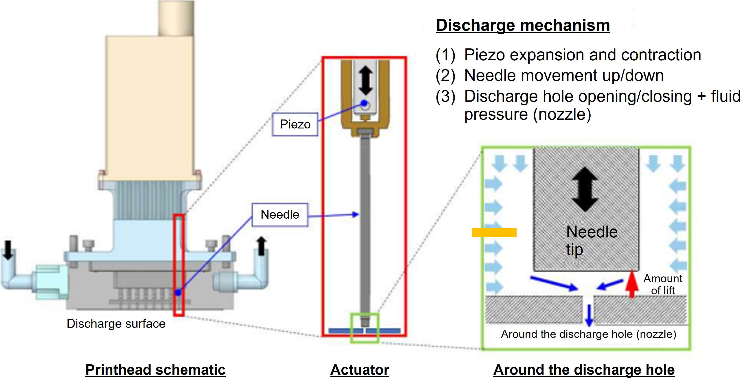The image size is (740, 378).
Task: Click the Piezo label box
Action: coord(295,124)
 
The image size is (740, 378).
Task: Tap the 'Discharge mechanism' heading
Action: coord(523,25)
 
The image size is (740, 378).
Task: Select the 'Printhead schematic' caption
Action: coord(155,370)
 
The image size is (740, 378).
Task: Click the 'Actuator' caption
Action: coord(360,370)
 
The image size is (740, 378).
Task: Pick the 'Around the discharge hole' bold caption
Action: coord(584,370)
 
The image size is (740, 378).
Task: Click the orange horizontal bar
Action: coord(494,232)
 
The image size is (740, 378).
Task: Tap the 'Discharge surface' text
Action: coord(116,324)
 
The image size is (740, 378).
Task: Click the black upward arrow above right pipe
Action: coord(261,246)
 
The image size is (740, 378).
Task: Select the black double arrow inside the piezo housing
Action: coord(366,81)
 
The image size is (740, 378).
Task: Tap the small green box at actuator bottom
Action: coord(365,328)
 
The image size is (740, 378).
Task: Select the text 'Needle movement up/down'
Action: coord(564,76)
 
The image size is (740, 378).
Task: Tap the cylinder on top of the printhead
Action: coord(176,18)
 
